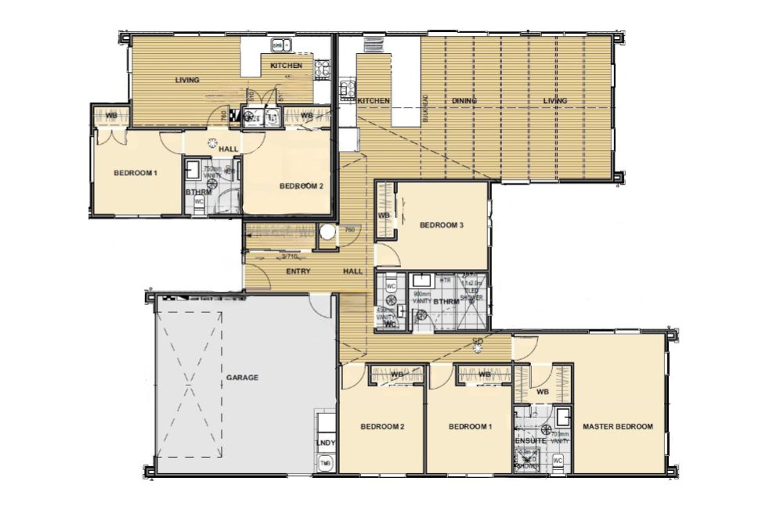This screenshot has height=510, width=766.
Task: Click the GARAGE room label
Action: click(242, 377)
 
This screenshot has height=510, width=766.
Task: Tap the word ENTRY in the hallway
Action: click(298, 271)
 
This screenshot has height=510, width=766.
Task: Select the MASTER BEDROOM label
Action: click(617, 426)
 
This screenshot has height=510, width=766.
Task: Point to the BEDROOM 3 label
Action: click(442, 225)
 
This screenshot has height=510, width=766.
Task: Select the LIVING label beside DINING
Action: click(555, 101)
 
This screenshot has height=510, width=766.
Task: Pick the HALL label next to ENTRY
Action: click(352, 271)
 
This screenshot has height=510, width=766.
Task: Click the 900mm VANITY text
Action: click(423, 297)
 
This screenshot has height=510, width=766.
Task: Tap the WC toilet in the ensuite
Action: click(558, 461)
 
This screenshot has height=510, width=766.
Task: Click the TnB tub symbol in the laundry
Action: click(324, 464)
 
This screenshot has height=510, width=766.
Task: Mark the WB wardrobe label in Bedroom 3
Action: click(384, 215)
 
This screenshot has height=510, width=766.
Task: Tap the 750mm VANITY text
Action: click(212, 171)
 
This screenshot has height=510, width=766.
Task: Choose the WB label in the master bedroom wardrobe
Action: click(543, 392)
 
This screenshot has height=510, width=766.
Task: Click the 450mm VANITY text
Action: click(385, 314)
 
